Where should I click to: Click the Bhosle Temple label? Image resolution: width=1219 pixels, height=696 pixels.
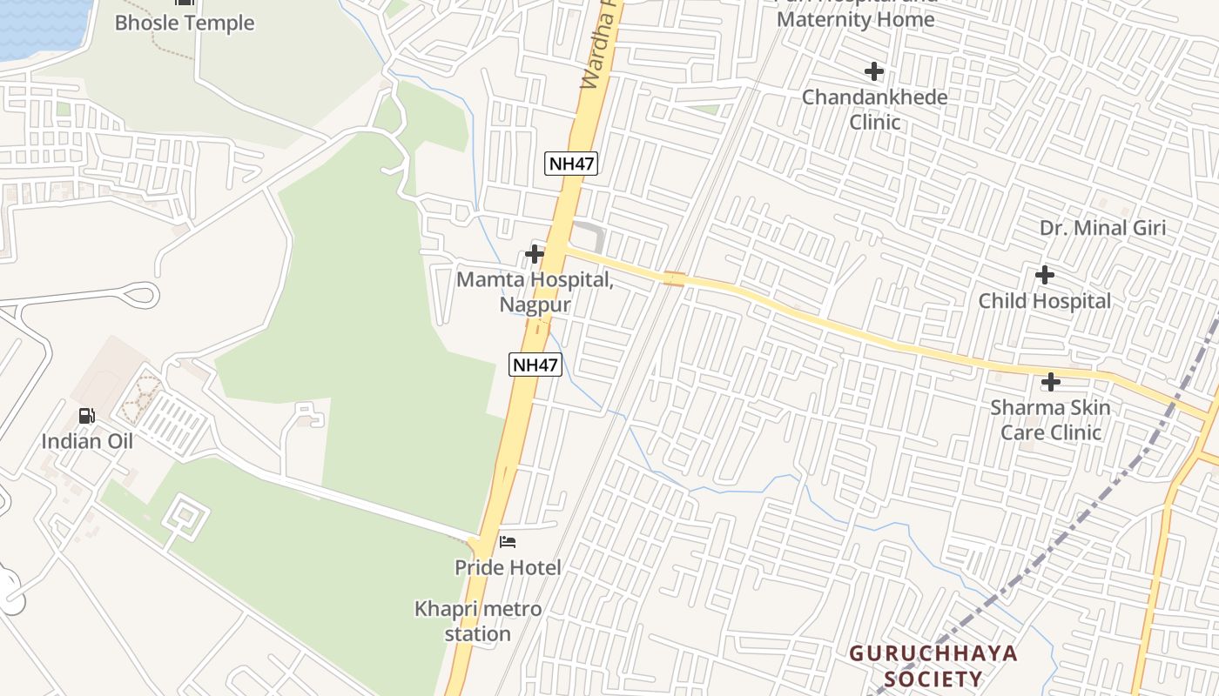point(185,23)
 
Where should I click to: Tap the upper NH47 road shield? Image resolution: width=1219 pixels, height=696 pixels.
point(572,163)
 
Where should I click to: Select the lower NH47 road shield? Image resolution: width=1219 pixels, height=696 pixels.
point(535,365)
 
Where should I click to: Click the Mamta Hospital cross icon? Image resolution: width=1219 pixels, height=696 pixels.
point(535,254)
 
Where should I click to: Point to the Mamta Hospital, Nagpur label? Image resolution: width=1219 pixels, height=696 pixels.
point(535,292)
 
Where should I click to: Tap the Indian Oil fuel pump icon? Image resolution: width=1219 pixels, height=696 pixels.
point(87,416)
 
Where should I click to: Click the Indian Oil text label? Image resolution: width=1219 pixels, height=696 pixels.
point(87,441)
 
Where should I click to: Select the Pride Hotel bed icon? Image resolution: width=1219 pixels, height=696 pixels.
point(508,542)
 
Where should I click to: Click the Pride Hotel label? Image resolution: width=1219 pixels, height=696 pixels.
point(508,567)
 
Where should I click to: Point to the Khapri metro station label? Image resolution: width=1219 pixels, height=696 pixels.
point(477,621)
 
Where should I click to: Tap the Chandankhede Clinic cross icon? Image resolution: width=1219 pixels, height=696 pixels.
point(874,71)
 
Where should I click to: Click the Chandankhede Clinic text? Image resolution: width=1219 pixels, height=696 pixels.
point(874,109)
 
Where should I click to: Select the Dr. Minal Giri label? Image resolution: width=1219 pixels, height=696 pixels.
point(1102,228)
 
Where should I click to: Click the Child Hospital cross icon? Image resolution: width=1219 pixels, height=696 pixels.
point(1045,276)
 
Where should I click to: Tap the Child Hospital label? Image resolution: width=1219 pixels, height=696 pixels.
point(1045,301)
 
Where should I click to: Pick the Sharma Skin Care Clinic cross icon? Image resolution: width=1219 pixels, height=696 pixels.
point(1051,382)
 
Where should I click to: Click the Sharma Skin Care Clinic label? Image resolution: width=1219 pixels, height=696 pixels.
point(1051,419)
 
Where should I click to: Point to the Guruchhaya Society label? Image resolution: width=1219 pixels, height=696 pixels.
point(933,666)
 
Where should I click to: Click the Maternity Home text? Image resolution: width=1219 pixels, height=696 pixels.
point(856,19)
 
